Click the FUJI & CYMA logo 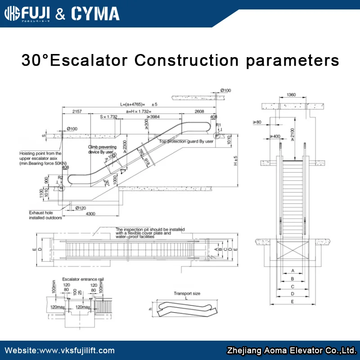pyautogui.click(x=62, y=13)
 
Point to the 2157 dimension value pyautogui.click(x=77, y=111)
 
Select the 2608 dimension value pyautogui.click(x=199, y=111)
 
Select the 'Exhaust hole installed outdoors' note pyautogui.click(x=45, y=215)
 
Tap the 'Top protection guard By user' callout pyautogui.click(x=186, y=141)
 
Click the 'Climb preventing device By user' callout pyautogui.click(x=102, y=149)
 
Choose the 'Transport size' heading pyautogui.click(x=187, y=293)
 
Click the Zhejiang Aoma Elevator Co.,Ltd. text pyautogui.click(x=292, y=351)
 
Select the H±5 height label pyautogui.click(x=235, y=161)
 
